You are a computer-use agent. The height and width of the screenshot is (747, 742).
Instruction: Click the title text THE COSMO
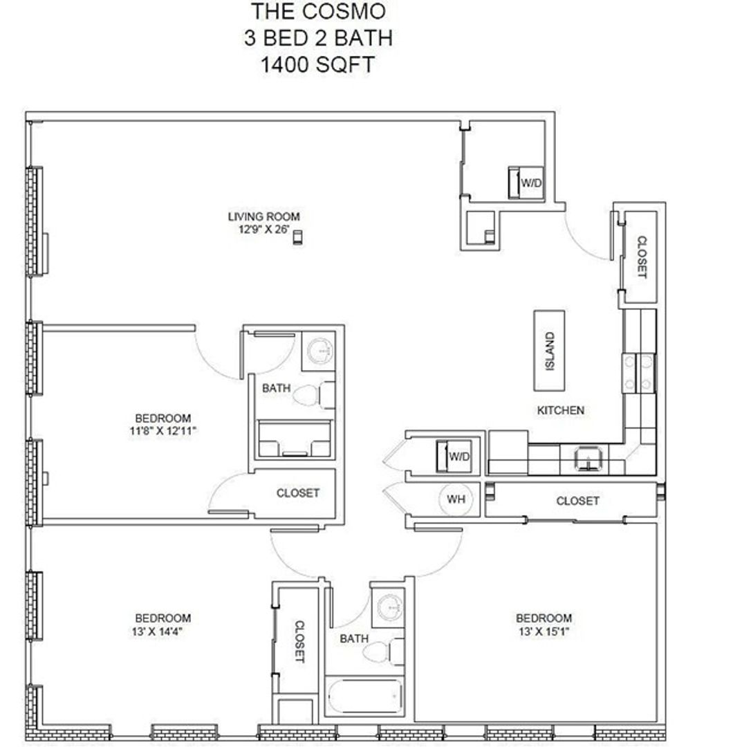tap(318, 12)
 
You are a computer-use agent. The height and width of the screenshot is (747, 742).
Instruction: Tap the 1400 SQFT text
tap(317, 65)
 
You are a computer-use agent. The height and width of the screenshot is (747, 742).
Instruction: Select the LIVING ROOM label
tap(264, 216)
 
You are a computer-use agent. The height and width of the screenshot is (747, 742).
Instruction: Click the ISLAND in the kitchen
tap(549, 351)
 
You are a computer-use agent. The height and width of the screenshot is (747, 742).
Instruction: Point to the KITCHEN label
tap(561, 410)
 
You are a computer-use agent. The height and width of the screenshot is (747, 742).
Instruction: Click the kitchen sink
tap(589, 459)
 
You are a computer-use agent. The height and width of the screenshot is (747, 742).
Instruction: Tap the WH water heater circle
tap(456, 499)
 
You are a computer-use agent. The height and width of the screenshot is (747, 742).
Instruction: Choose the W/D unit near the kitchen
tap(454, 456)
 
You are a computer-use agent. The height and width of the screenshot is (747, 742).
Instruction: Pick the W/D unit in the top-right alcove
tap(526, 183)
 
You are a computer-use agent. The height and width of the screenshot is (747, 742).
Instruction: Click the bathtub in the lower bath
tap(365, 696)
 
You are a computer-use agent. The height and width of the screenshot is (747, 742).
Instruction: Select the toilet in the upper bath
tap(313, 395)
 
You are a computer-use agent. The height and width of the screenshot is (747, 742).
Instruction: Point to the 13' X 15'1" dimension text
tap(544, 631)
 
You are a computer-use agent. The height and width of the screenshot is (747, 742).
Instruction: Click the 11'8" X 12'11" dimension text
tap(163, 431)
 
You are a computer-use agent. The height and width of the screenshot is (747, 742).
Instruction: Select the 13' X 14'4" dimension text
tap(158, 631)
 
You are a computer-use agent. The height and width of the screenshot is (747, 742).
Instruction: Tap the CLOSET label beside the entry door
tap(642, 257)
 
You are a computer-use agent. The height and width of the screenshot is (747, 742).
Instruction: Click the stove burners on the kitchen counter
tap(638, 373)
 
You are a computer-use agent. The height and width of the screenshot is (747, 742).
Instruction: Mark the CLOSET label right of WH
tap(577, 501)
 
